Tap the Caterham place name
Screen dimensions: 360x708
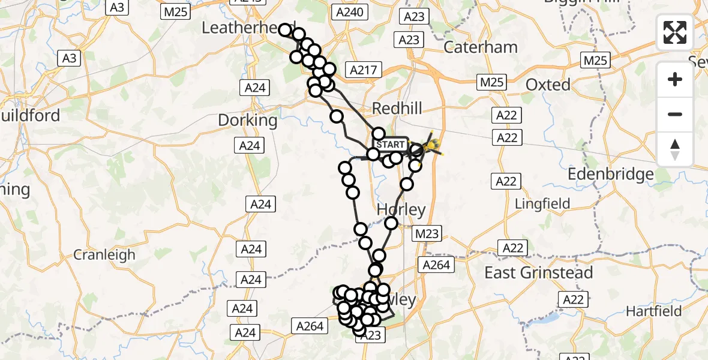(x=480, y=47)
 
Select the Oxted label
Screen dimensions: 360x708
(x=547, y=85)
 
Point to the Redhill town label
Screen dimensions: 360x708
(x=397, y=109)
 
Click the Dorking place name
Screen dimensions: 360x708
(x=248, y=120)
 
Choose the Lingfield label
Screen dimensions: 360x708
(x=542, y=205)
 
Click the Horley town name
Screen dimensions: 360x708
(x=401, y=210)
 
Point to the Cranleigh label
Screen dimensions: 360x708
(x=104, y=254)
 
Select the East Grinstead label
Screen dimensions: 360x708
(x=538, y=273)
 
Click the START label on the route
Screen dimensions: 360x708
(x=391, y=145)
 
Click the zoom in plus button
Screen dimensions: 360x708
(x=675, y=79)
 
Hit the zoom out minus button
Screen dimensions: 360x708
(x=675, y=114)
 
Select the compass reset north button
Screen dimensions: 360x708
(x=675, y=149)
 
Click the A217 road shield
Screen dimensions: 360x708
(x=364, y=70)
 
